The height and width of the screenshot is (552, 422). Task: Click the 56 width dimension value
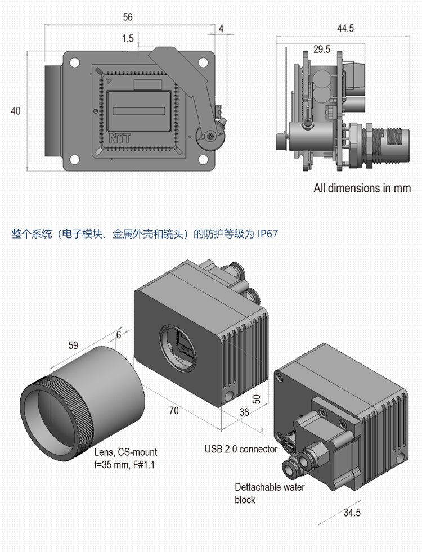128,17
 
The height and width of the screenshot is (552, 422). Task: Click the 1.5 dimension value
127,38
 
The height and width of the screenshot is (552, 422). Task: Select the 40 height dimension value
15,111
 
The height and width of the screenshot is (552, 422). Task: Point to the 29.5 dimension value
321,50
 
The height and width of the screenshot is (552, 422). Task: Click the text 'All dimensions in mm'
362,188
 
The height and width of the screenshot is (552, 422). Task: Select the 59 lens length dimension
73,345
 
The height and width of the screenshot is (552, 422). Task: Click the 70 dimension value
174,411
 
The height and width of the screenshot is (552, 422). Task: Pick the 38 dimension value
244,412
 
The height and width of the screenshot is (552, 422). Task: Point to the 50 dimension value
257,399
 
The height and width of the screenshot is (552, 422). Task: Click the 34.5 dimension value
351,513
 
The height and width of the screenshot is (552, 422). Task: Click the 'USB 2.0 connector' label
241,449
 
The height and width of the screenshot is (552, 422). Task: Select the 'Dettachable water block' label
270,493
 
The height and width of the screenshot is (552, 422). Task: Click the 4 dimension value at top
221,28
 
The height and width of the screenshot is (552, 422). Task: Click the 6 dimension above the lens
119,334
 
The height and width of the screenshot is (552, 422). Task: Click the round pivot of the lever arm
210,136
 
